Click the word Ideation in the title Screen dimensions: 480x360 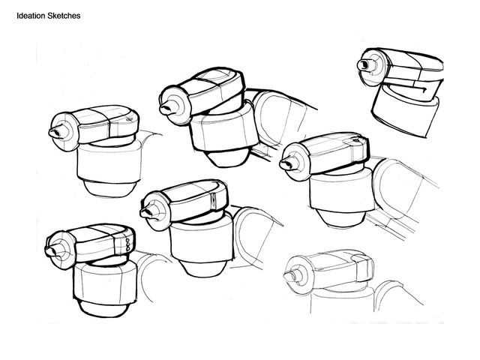click(x=31, y=16)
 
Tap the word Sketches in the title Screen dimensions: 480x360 click(x=64, y=16)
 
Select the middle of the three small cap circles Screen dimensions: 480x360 click(x=128, y=244)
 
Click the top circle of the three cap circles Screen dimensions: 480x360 click(x=128, y=240)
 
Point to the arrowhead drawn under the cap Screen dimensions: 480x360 click(x=423, y=89)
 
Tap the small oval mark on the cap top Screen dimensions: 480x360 click(x=130, y=120)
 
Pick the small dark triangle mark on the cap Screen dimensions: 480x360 click(x=356, y=141)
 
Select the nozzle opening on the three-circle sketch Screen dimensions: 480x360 click(x=50, y=251)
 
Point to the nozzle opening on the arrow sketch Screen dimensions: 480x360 click(x=364, y=65)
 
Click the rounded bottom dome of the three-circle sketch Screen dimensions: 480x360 click(x=102, y=308)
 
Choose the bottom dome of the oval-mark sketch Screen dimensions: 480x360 click(x=108, y=188)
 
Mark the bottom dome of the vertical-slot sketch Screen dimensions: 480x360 click(x=201, y=268)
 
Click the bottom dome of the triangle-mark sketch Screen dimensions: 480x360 click(x=340, y=218)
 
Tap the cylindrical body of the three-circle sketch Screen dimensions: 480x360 click(x=105, y=281)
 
